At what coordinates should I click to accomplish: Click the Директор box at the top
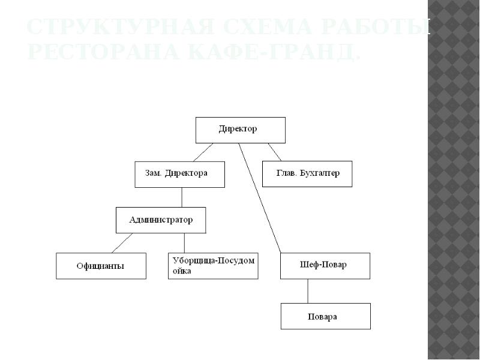[240, 130]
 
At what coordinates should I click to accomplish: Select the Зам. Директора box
[179, 174]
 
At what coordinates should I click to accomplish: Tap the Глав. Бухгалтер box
[307, 174]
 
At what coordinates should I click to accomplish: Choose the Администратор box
[161, 220]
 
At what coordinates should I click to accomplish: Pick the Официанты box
[101, 266]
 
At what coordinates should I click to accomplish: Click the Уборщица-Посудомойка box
[213, 266]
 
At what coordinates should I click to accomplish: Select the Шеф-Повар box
[325, 266]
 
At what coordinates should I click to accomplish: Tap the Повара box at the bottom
[325, 316]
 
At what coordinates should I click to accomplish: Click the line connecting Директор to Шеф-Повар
[260, 198]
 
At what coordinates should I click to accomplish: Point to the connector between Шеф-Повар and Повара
[308, 291]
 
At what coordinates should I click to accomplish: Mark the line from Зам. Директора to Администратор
[182, 197]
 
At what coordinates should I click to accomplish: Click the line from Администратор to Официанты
[123, 242]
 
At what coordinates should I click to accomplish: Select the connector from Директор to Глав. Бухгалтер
[274, 152]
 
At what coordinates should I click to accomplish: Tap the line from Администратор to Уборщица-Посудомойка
[184, 242]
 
